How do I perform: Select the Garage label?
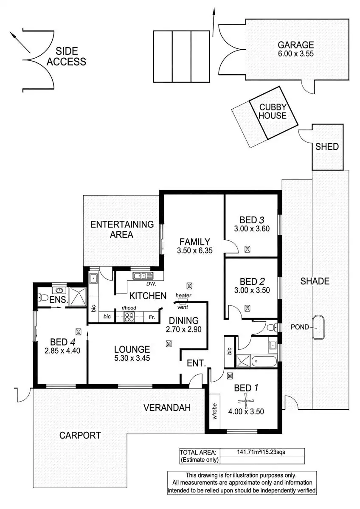295,45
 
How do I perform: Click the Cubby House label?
273,111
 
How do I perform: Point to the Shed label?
327,147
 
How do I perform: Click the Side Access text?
66,56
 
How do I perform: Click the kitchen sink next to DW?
140,276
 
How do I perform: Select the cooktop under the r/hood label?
129,316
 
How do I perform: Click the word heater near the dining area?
183,295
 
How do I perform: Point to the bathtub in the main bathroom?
264,362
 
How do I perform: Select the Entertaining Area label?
122,229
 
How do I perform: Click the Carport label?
80,435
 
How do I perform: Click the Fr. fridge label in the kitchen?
152,316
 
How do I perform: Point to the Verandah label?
166,408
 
